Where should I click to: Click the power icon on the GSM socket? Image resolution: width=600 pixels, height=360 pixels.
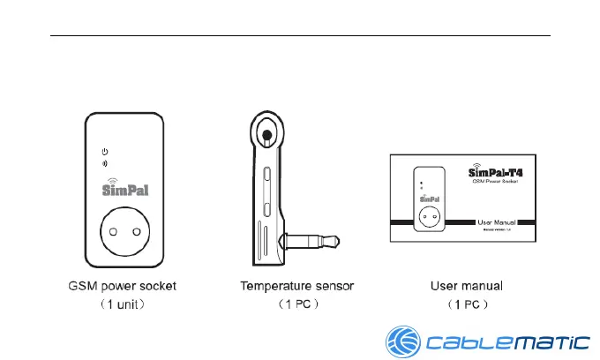click(x=105, y=152)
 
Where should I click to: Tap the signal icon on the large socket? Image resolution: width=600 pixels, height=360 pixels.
click(x=105, y=163)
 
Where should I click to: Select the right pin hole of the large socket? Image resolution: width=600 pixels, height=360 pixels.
click(x=136, y=229)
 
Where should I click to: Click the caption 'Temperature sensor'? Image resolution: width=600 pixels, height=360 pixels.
click(x=297, y=286)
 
